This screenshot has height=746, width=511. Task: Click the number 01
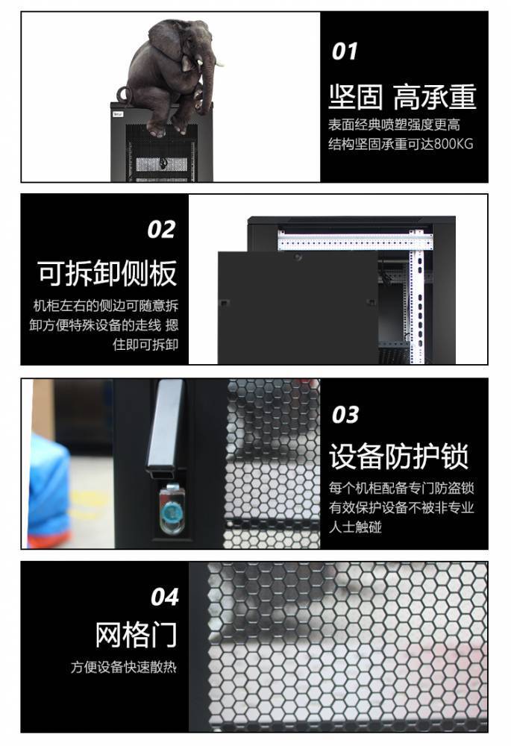[345, 51]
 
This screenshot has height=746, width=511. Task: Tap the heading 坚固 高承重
[403, 97]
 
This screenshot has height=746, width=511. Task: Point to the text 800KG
[454, 144]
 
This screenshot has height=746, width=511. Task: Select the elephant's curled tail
[122, 94]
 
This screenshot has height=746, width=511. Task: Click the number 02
[161, 229]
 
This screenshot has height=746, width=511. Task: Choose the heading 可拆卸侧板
[107, 273]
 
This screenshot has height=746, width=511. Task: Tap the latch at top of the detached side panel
[298, 257]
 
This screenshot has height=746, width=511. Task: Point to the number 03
[345, 414]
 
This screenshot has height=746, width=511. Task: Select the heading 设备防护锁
[398, 456]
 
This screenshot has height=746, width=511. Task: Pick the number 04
[165, 597]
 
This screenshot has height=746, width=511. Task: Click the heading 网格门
[136, 634]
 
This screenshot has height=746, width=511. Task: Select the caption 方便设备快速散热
[124, 667]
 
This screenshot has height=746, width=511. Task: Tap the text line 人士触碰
[355, 527]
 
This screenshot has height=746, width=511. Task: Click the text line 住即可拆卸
[145, 345]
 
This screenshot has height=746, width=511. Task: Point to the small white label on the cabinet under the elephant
[118, 114]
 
